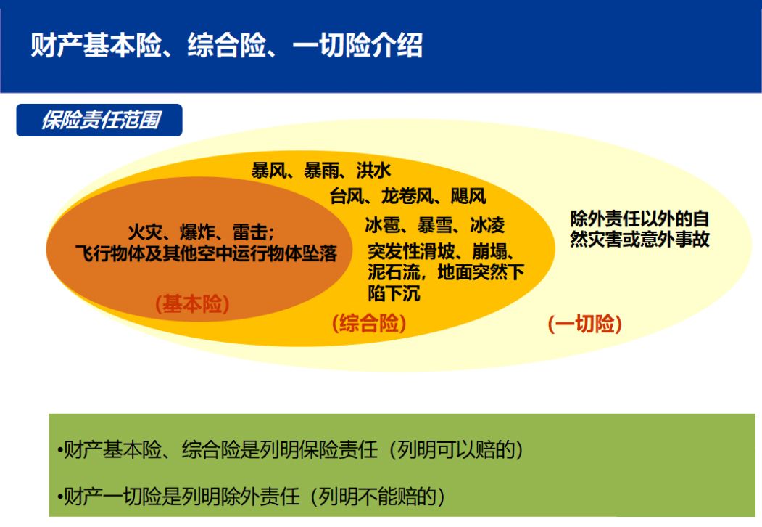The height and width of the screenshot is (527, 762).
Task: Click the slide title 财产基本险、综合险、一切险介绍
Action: [x=226, y=45]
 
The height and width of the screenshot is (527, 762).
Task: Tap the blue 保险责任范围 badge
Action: [x=99, y=120]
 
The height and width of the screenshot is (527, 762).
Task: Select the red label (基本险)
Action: [x=192, y=304]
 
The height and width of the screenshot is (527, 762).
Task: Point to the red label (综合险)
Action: [x=369, y=324]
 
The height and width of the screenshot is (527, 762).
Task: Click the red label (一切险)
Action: [x=584, y=324]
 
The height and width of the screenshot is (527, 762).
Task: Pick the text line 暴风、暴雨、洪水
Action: [x=320, y=171]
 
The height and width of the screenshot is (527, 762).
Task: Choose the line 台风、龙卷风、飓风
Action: [x=407, y=196]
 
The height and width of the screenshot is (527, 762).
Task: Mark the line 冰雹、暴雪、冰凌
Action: [x=435, y=225]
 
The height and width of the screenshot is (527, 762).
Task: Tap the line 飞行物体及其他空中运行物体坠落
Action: [x=206, y=253]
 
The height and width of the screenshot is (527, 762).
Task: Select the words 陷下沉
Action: [x=394, y=294]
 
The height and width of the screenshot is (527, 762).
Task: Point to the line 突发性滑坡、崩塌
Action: [x=442, y=252]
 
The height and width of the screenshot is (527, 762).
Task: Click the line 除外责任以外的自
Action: [x=639, y=218]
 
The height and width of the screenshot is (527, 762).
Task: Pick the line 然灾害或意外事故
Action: [x=639, y=240]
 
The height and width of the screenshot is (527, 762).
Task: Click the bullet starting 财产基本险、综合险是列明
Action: [x=290, y=449]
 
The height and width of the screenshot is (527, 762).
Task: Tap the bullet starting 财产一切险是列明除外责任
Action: [x=251, y=497]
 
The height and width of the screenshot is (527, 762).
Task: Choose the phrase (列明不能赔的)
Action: [x=378, y=497]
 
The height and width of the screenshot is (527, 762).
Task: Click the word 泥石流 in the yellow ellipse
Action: [x=394, y=272]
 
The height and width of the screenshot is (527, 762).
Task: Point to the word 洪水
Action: [x=373, y=171]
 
